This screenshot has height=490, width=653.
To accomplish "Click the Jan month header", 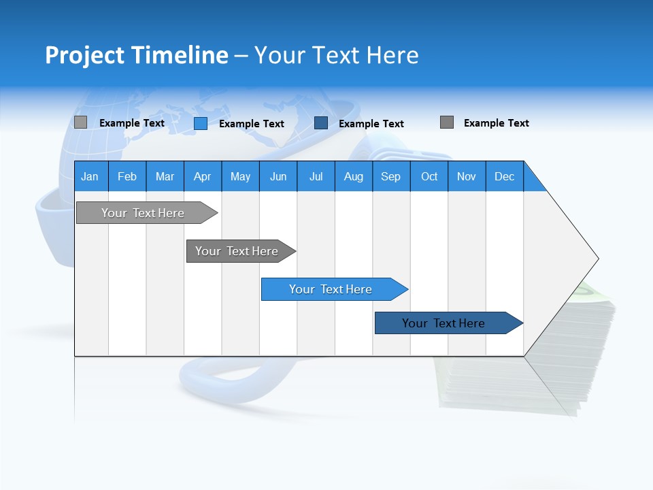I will coord(90,177).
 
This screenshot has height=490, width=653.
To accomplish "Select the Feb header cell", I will coord(127,177).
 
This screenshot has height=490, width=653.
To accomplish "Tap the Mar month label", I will coord(165,177).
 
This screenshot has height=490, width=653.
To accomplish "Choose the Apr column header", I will coord(202,177).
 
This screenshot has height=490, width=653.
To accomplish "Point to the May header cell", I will coord(240,177).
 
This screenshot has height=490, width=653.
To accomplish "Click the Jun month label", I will coord(278,177).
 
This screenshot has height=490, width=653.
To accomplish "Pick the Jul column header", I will coord(316,177).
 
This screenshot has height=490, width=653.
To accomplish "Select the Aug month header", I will coord(353,177).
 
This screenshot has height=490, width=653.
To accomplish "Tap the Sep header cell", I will coord(390,177).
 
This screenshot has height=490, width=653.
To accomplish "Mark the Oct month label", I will coord(429,177).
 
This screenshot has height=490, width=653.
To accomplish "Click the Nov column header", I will coord(467,177).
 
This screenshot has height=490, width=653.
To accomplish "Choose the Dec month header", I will coord(504,177).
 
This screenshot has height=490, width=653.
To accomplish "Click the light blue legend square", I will coord(201,123).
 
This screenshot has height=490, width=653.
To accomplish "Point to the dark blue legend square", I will coord(321,123).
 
